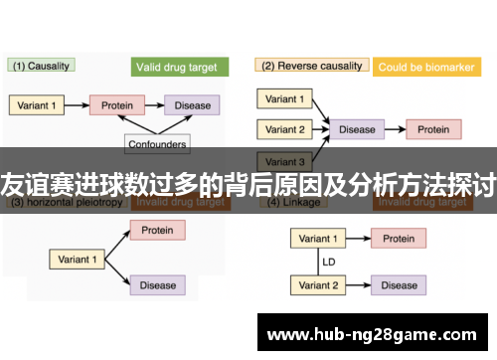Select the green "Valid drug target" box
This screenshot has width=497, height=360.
pyautogui.click(x=180, y=67)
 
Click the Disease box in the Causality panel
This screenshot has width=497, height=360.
pyautogui.click(x=192, y=104)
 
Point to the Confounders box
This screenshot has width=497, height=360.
pyautogui.click(x=157, y=144)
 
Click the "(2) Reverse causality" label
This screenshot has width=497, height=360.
pyautogui.click(x=310, y=66)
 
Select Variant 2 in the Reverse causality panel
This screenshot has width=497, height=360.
pyautogui.click(x=286, y=129)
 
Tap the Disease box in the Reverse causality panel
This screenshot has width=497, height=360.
pyautogui.click(x=358, y=129)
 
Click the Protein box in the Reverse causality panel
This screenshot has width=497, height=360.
pyautogui.click(x=432, y=129)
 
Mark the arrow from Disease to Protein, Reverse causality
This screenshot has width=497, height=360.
pyautogui.click(x=394, y=129)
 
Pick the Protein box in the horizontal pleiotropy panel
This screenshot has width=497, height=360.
pyautogui.click(x=157, y=230)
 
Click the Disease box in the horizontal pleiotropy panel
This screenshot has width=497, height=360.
pyautogui.click(x=157, y=285)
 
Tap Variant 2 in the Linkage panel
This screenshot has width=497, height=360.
pyautogui.click(x=319, y=285)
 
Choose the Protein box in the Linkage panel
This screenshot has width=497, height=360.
pyautogui.click(x=399, y=239)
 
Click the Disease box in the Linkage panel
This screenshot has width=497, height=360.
pyautogui.click(x=399, y=285)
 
